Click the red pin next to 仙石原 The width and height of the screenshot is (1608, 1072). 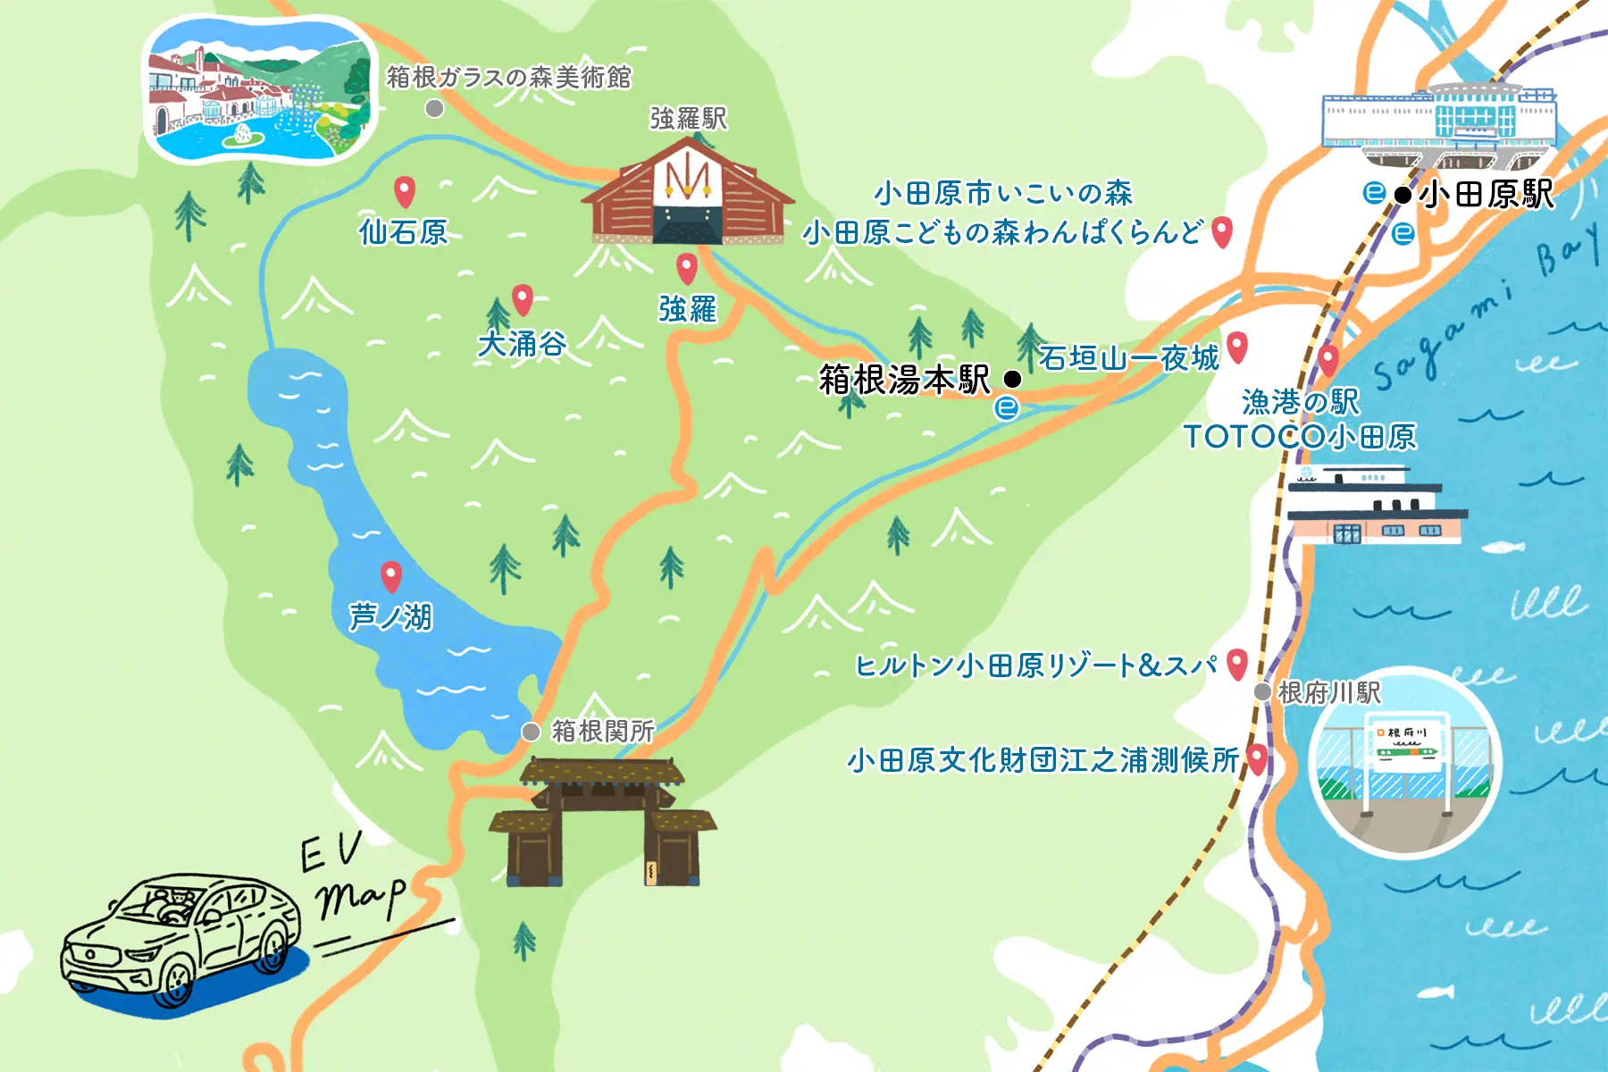click(405, 190)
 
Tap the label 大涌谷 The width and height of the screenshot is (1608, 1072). click(522, 344)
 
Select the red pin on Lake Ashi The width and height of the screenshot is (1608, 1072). click(390, 576)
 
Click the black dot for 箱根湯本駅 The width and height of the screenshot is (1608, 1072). click(1012, 379)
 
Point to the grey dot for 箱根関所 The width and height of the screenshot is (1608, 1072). click(531, 732)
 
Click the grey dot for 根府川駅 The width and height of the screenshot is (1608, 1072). click(1262, 691)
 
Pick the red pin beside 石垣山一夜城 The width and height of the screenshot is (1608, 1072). click(1237, 346)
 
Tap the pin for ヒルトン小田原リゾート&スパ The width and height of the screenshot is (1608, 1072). click(1236, 663)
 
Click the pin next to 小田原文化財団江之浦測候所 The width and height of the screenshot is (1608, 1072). click(1257, 758)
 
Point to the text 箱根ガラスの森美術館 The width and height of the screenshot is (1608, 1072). click(508, 78)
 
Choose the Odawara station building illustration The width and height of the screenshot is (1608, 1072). click(1438, 121)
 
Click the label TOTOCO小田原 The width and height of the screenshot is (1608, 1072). click(1300, 437)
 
